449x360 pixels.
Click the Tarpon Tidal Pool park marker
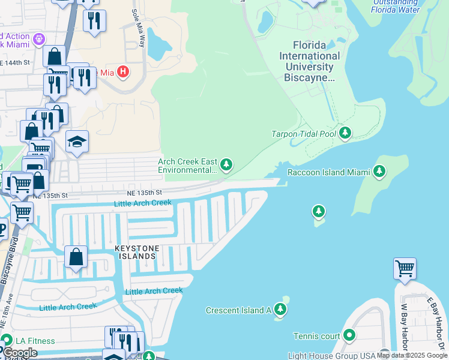[345, 133]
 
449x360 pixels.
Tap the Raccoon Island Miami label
[324, 172]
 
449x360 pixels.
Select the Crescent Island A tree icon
[280, 310]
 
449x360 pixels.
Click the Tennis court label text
[316, 336]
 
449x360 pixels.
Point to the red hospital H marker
[123, 73]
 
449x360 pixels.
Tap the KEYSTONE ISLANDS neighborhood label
[137, 252]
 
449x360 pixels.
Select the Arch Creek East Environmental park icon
[226, 164]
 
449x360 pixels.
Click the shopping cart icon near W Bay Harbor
[405, 269]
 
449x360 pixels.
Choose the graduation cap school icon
[77, 142]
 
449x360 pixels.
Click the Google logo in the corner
[20, 352]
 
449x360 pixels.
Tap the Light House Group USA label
[331, 355]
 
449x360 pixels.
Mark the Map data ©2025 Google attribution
[411, 356]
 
